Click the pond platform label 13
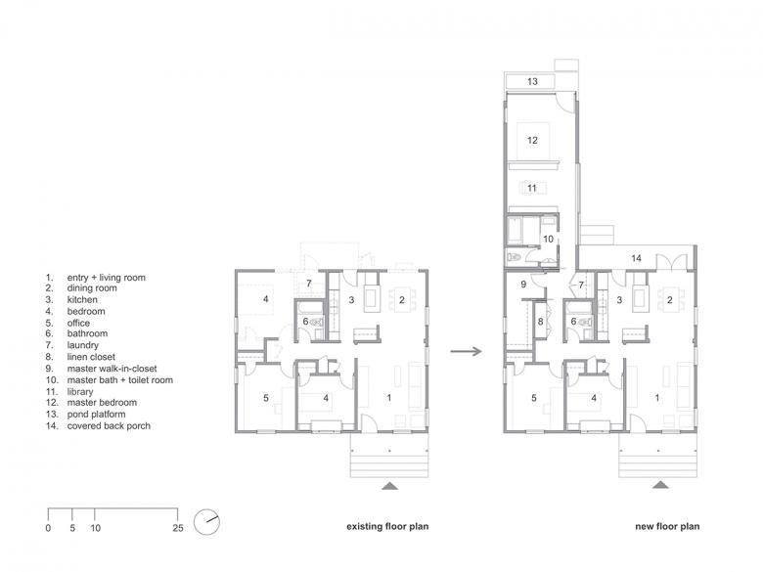click(x=532, y=81)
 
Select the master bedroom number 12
click(x=532, y=140)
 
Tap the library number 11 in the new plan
click(x=532, y=188)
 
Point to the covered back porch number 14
click(x=637, y=258)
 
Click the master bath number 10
click(x=549, y=239)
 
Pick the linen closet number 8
click(x=541, y=322)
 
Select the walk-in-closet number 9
click(x=523, y=285)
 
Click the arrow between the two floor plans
click(x=467, y=351)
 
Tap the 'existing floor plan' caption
click(x=387, y=526)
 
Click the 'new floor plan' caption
click(x=667, y=526)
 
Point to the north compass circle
click(x=206, y=522)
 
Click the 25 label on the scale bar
click(x=178, y=528)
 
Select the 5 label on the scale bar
click(x=72, y=528)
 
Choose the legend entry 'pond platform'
click(x=96, y=415)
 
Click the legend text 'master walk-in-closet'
click(x=112, y=369)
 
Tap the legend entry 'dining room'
click(x=92, y=287)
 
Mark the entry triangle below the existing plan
click(x=389, y=485)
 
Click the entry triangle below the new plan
click(x=660, y=485)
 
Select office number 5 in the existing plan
click(x=266, y=398)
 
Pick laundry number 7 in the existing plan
click(x=308, y=284)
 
